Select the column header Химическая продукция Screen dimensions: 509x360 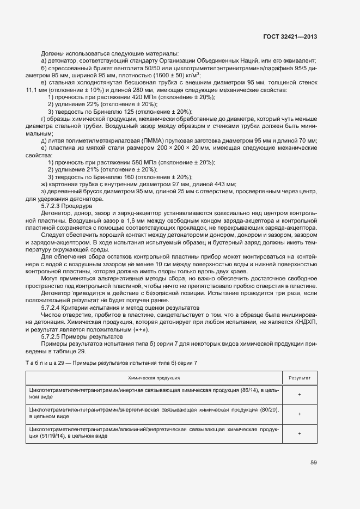(154, 377)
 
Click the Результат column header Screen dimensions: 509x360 (300, 377)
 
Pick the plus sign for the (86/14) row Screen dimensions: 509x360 (300, 394)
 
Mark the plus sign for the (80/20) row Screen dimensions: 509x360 (300, 414)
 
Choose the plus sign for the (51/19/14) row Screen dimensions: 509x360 (300, 433)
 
